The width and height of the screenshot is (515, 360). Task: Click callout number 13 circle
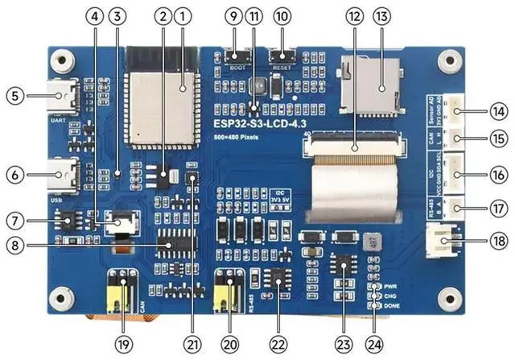pyautogui.click(x=381, y=15)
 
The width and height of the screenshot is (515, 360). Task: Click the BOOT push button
pyautogui.click(x=236, y=56)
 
